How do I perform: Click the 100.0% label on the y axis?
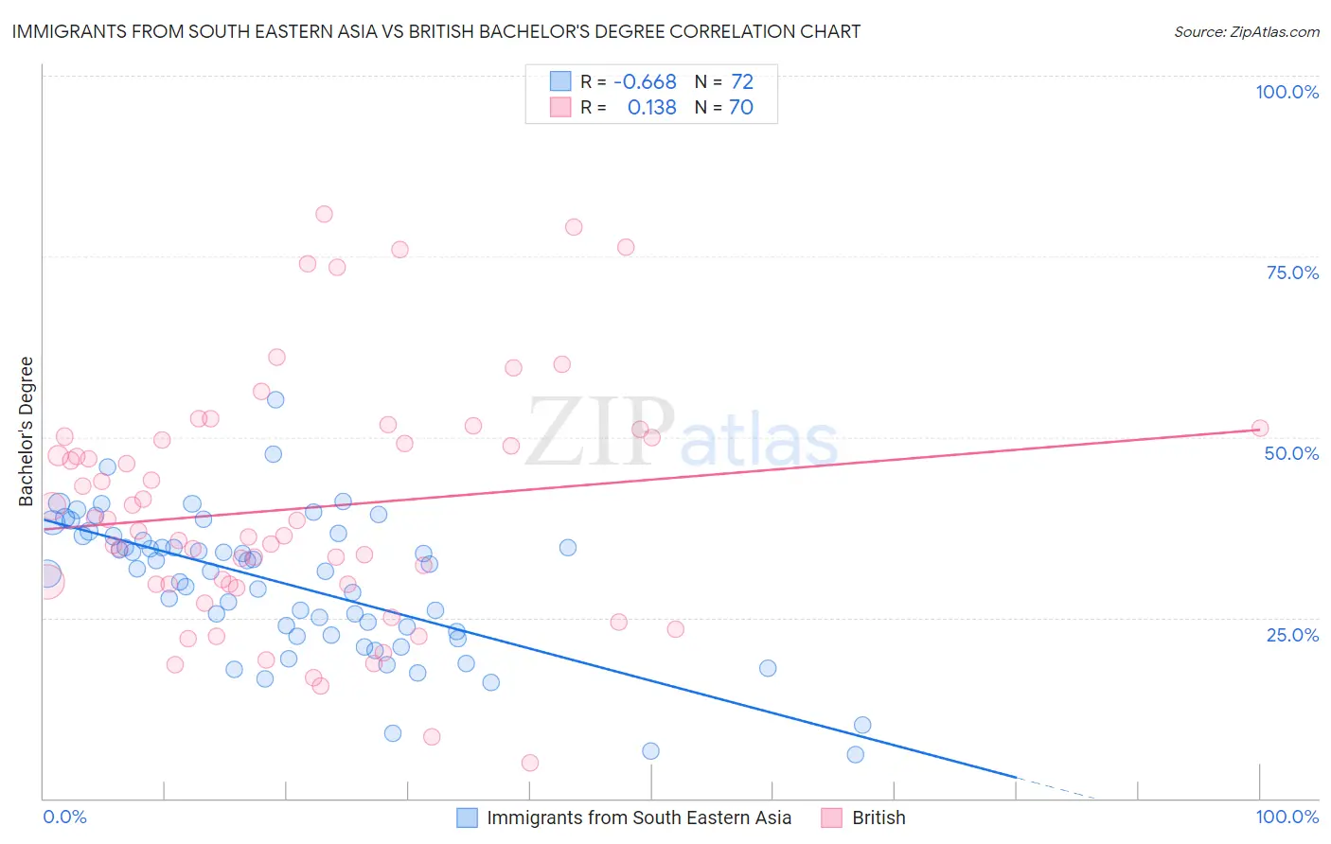pos(1287,92)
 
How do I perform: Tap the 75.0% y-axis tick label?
pos(1292,273)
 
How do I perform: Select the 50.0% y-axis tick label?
pos(1291,453)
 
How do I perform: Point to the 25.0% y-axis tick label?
pos(1292,634)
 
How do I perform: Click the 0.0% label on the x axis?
pos(64,817)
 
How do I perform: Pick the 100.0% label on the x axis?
pos(1287,817)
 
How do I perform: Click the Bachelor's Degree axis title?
pos(27,431)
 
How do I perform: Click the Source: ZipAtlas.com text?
pos(1246,31)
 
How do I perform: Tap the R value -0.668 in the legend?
pos(645,81)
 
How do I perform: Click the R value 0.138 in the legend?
pos(651,107)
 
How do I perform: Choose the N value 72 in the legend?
pos(742,81)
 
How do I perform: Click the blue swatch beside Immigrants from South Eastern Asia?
pos(467,818)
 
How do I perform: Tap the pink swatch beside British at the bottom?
pos(831,818)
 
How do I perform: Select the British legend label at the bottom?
pos(878,818)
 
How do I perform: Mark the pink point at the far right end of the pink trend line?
pos(1259,428)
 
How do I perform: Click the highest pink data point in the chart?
pos(324,214)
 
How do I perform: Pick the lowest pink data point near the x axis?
pos(530,763)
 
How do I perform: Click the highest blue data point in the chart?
pos(275,399)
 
